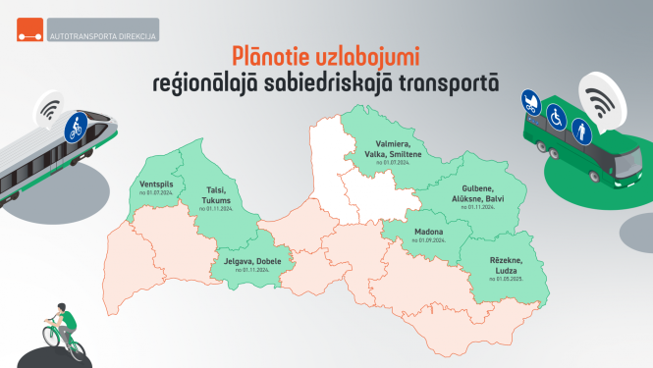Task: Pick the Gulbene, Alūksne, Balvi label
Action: [x=482, y=193]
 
